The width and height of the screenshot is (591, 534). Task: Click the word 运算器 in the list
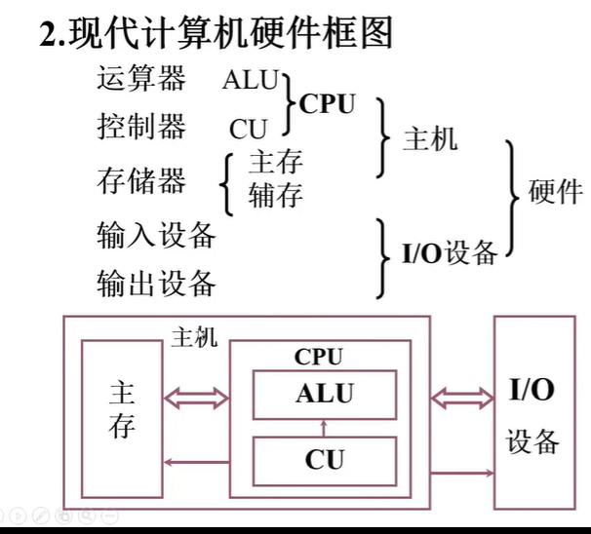pyautogui.click(x=141, y=79)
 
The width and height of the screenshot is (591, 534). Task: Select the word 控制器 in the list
pyautogui.click(x=141, y=127)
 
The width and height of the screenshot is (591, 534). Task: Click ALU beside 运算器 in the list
pyautogui.click(x=251, y=80)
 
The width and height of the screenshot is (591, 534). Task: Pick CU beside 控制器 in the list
pyautogui.click(x=249, y=129)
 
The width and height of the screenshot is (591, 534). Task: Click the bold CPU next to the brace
pyautogui.click(x=328, y=104)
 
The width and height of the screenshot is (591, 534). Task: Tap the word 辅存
pyautogui.click(x=276, y=194)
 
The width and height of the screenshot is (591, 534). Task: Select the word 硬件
pyautogui.click(x=555, y=191)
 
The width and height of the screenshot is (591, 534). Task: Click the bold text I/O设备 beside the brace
pyautogui.click(x=450, y=254)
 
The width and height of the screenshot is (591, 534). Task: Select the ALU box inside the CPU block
pyautogui.click(x=325, y=394)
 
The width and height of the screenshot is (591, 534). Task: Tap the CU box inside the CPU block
pyautogui.click(x=325, y=459)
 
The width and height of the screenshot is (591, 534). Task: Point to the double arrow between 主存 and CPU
pyautogui.click(x=195, y=396)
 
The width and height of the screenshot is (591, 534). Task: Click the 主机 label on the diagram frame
pyautogui.click(x=194, y=337)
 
